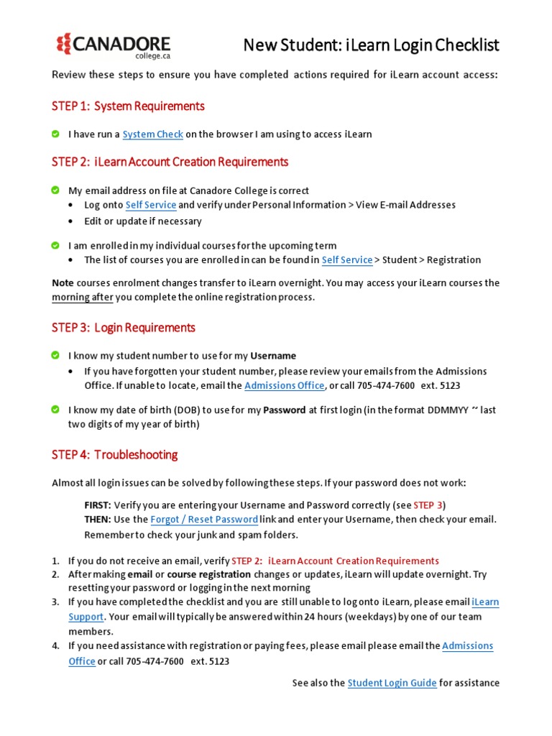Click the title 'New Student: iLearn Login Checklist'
pos(371,45)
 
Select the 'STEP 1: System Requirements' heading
pos(128,106)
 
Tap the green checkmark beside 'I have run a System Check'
pos(56,134)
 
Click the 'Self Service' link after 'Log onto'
pos(150,205)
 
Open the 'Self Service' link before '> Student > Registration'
pos(347,260)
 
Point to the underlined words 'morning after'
pos(82,298)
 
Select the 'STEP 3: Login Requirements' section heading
pos(123,328)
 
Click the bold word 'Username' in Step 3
pos(273,356)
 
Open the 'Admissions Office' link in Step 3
pos(284,386)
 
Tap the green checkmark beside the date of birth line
pos(56,410)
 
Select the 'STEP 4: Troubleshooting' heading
pos(114,455)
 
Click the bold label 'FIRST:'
pos(98,505)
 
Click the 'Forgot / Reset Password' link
pos(204,519)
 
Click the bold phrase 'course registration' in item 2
pos(209,574)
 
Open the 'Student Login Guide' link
pos(392,683)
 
